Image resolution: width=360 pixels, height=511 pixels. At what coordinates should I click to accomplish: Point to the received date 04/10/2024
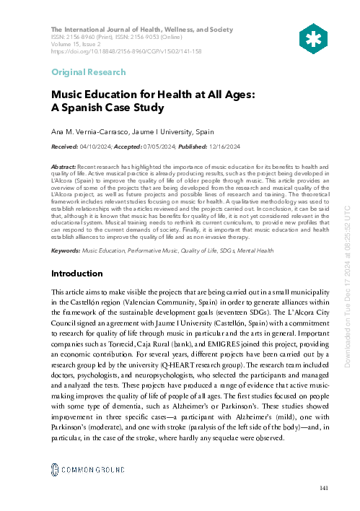tap(95, 147)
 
